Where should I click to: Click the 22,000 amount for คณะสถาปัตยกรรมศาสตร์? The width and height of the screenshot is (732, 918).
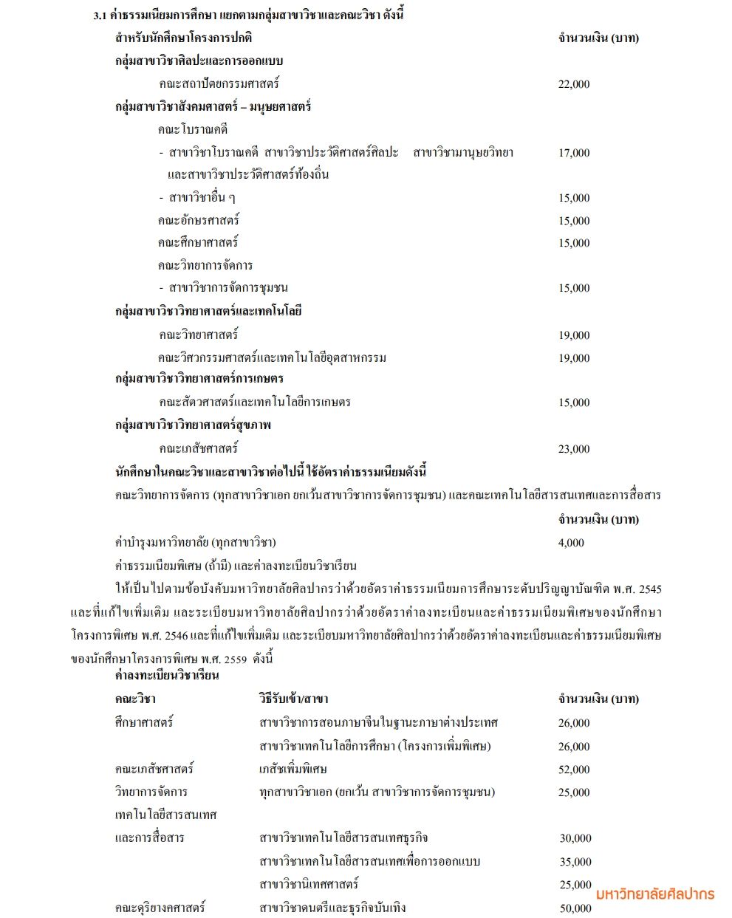[574, 84]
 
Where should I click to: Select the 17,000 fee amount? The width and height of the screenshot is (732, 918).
[574, 153]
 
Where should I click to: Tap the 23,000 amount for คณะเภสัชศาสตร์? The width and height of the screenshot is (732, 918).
[574, 449]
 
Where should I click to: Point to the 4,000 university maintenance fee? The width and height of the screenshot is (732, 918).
[571, 543]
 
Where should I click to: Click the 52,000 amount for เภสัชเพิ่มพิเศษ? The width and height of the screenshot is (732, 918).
[574, 770]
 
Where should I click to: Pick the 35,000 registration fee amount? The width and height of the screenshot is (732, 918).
[575, 862]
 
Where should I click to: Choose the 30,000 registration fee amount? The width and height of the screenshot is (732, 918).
[575, 838]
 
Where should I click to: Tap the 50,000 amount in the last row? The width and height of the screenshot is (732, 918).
[575, 908]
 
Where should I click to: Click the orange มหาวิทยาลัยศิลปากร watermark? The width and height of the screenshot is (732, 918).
[655, 894]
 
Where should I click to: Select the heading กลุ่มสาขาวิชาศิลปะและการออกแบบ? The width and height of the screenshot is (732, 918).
[199, 61]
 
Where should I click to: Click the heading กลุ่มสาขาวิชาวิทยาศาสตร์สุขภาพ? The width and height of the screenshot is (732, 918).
[193, 425]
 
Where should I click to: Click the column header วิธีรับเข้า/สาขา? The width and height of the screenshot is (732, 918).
[294, 699]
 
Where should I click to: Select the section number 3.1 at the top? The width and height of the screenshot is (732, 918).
[100, 15]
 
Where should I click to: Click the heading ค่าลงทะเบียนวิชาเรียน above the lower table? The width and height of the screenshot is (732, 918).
[167, 676]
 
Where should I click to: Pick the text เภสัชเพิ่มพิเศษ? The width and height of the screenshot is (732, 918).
[293, 769]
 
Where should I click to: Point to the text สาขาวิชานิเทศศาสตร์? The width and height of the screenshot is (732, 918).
[309, 884]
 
